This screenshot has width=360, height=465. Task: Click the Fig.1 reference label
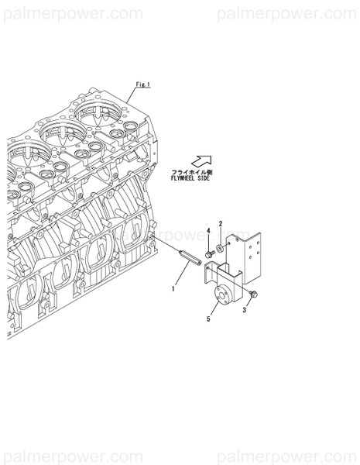point(143,84)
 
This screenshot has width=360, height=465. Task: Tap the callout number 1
point(173,288)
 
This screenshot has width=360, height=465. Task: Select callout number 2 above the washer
point(221,224)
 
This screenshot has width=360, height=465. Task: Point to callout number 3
point(245,310)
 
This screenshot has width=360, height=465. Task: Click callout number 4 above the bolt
point(208,231)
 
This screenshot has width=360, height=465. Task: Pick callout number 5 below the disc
point(208,319)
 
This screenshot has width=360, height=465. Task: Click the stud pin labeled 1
point(190,257)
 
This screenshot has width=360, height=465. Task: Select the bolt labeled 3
point(253,294)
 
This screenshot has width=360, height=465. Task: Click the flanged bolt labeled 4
point(210,254)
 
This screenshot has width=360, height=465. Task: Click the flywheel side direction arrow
point(201,161)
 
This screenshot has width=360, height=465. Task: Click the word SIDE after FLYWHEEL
point(204,178)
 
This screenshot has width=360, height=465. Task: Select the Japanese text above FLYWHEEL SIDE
point(192,172)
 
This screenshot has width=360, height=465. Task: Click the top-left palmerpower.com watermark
point(74,13)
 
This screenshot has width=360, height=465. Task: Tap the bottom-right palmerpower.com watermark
point(286,456)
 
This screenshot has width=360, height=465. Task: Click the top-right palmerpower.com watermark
point(286,13)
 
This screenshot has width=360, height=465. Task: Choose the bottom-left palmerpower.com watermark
point(74,456)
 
